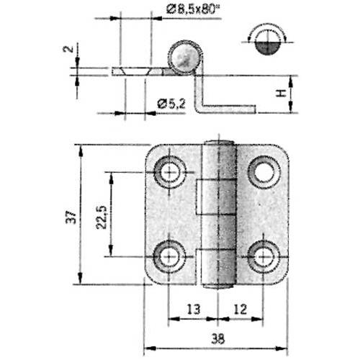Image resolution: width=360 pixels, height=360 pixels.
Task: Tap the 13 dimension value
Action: (193, 310)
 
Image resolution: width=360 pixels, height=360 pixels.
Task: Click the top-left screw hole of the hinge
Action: (171, 171)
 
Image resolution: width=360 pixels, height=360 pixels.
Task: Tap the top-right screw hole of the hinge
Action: (263, 171)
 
